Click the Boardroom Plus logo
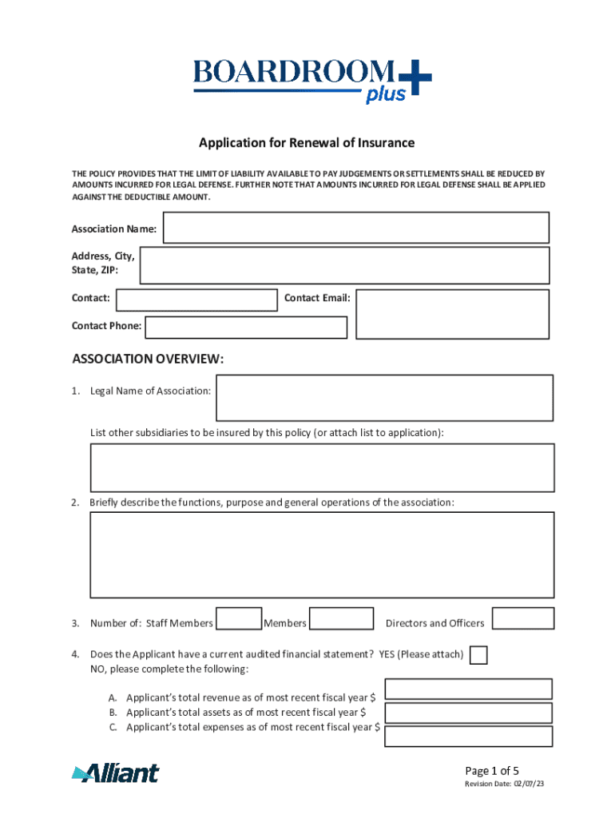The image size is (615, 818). coord(311,80)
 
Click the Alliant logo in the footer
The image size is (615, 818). coord(115,772)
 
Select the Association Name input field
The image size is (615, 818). coord(355,228)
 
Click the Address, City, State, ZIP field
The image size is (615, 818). coord(344,265)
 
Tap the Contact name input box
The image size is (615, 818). coord(196,300)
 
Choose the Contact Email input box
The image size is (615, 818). coord(452,314)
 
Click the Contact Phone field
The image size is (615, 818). coord(246,328)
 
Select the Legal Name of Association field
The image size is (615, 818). coord(384,398)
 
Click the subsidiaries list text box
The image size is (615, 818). coord(322,467)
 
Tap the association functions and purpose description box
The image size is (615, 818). coord(322,554)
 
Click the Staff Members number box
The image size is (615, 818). coord(239,619)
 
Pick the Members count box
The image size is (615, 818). coord(341,619)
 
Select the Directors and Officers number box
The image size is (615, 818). coord(522,618)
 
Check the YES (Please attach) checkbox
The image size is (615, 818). coord(478,655)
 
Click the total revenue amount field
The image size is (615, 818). coord(468,689)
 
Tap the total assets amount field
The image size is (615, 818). coord(468,713)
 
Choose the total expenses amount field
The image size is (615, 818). coord(468,736)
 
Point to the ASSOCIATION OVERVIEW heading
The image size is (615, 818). coord(148,359)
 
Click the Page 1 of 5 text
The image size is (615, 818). coord(492,771)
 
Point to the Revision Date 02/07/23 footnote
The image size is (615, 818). coord(505,784)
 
